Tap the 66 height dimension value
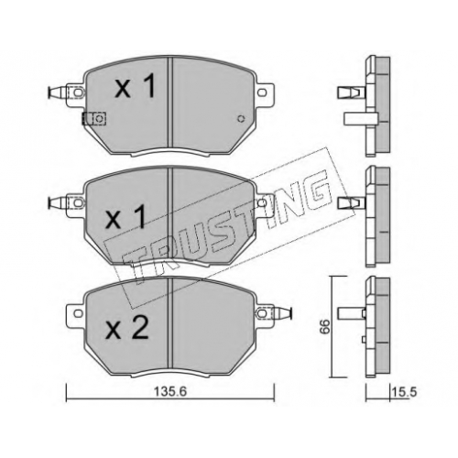325,326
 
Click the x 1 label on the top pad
136,86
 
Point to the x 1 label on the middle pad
125,216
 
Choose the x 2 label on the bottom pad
126,327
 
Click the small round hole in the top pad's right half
241,118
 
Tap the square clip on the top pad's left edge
93,118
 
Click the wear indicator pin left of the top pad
58,93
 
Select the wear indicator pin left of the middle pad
58,202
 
